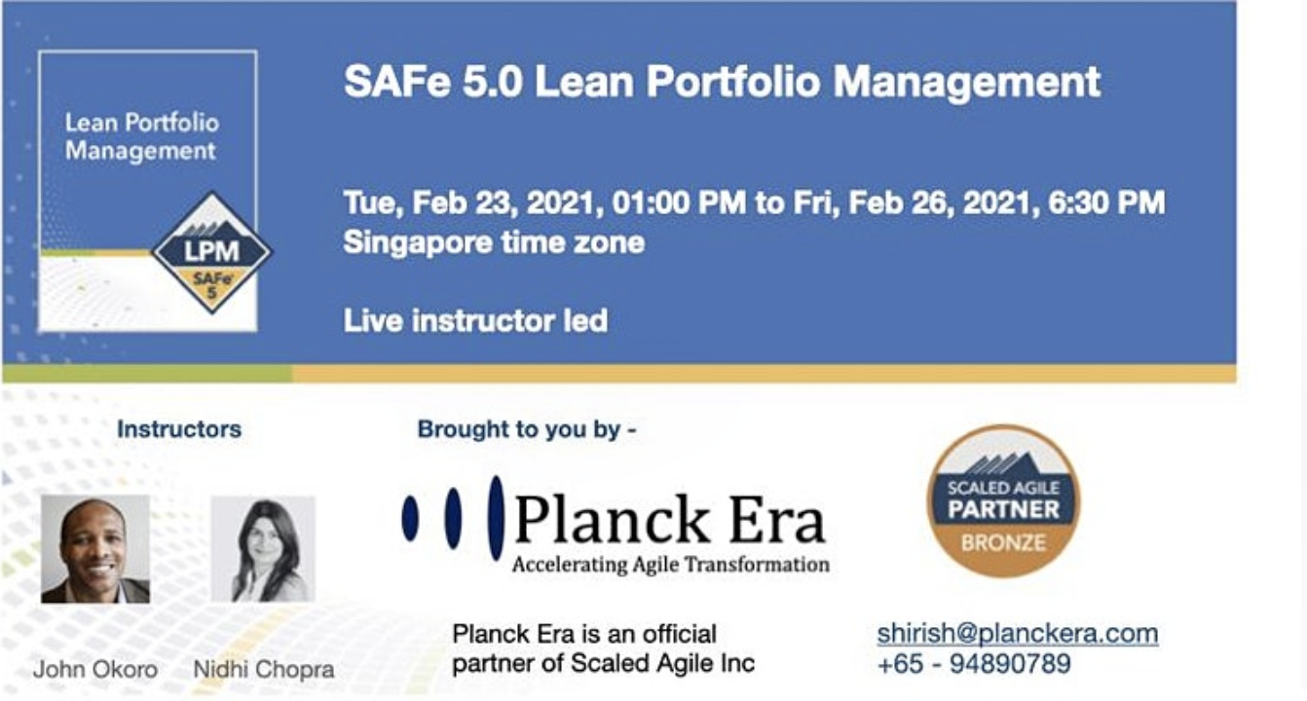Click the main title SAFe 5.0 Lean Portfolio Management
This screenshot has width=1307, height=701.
[x=723, y=82]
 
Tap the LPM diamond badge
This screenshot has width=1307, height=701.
[x=211, y=252]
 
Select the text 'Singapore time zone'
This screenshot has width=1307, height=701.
[x=494, y=242]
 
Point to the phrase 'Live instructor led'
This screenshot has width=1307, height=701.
[x=475, y=320]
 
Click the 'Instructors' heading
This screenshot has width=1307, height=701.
[x=179, y=429]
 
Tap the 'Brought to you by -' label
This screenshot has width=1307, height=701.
[x=527, y=429]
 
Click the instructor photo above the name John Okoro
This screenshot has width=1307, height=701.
[x=95, y=549]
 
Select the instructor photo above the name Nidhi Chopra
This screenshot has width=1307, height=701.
[x=263, y=549]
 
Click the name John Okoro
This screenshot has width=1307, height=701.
[x=95, y=669]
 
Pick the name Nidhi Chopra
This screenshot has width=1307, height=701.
[x=264, y=669]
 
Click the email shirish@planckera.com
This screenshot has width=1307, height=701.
[x=1018, y=634]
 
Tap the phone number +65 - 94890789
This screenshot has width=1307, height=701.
[x=974, y=664]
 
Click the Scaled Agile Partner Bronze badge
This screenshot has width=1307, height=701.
[x=1003, y=501]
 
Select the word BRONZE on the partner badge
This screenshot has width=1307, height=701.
[x=1003, y=543]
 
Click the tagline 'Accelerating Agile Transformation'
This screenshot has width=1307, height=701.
[x=671, y=565]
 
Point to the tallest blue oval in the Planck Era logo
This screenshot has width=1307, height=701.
[x=496, y=518]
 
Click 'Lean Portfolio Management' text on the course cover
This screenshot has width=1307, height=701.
[x=142, y=136]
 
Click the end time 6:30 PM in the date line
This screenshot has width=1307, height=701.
[x=1107, y=203]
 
